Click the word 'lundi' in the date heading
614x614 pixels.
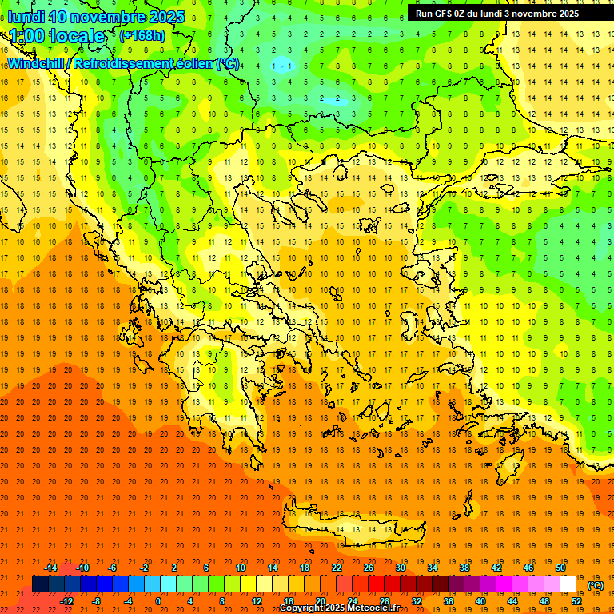(26, 17)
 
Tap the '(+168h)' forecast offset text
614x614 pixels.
(142, 35)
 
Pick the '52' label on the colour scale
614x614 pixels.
(576, 600)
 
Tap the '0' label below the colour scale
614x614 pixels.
(157, 600)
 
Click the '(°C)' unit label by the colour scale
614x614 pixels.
(596, 584)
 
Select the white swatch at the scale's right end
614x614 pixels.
(568, 584)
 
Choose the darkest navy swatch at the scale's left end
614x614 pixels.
(40, 584)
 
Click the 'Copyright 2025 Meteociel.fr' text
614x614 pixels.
(339, 608)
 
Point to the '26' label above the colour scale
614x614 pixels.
(369, 568)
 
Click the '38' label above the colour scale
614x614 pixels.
(464, 568)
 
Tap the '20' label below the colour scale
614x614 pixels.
(320, 600)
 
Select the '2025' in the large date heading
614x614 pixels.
(167, 17)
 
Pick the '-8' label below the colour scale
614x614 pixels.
(96, 600)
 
